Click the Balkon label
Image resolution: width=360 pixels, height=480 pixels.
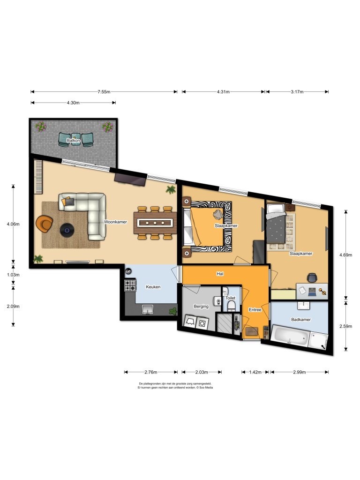(73, 140)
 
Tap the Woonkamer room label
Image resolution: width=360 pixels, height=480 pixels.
(116, 222)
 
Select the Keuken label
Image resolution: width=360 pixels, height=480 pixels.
(153, 287)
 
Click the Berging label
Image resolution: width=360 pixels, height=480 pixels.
(201, 307)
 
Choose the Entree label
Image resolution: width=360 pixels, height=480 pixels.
(255, 310)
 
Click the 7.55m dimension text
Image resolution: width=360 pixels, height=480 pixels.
(104, 92)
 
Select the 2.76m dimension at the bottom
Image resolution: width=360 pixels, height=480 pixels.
(150, 372)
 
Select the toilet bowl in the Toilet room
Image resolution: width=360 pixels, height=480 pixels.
(230, 307)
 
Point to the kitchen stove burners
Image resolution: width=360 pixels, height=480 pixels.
(130, 285)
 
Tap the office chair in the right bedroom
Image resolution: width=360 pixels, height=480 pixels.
(313, 277)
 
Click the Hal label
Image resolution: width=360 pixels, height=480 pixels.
(219, 274)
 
